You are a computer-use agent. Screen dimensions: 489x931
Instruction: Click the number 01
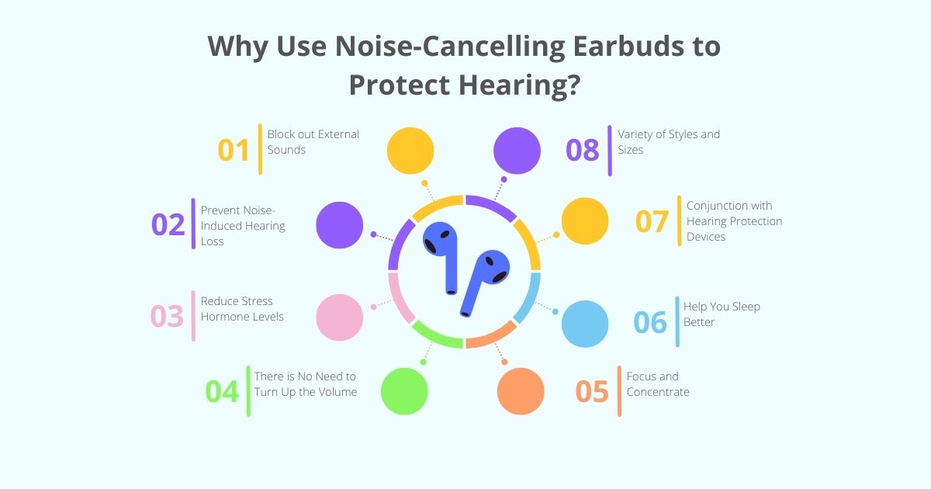tap(234, 150)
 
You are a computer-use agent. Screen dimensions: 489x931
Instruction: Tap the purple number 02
tap(168, 224)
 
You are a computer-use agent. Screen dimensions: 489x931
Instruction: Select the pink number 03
tap(167, 317)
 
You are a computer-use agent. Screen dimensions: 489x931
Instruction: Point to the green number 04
tap(222, 391)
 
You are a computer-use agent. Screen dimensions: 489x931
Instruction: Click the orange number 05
tap(592, 391)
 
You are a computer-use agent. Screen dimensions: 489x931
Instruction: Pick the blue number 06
tap(650, 321)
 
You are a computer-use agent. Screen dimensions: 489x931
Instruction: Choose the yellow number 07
tap(652, 221)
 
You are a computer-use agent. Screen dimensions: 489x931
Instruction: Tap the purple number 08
tap(583, 150)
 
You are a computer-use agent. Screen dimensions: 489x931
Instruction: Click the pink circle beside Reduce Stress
tap(340, 317)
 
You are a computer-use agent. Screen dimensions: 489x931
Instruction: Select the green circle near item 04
tap(404, 391)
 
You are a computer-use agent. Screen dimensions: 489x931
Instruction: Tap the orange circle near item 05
tap(521, 391)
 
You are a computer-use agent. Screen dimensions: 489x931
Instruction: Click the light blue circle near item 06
tap(585, 324)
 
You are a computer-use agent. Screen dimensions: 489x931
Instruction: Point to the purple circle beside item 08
tap(517, 150)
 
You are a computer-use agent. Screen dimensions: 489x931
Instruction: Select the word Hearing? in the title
tap(522, 84)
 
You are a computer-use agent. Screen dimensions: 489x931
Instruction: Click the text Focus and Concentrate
tap(658, 384)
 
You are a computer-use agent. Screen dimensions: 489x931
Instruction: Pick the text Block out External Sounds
tap(313, 141)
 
